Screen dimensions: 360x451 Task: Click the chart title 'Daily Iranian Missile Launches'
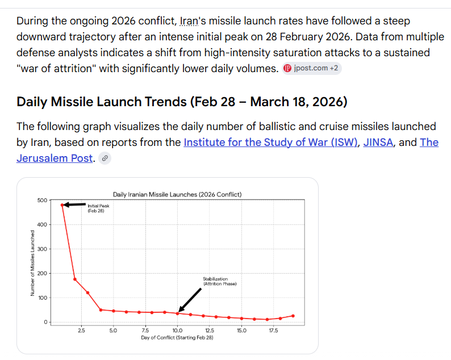pos(177,194)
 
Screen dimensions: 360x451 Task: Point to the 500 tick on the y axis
pos(43,200)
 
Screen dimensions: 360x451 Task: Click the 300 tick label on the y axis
pos(43,249)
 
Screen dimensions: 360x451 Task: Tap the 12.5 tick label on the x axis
pos(210,330)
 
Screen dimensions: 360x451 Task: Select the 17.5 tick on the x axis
pos(273,330)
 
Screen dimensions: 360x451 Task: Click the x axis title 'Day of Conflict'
pos(177,337)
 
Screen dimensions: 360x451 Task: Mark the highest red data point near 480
pos(62,205)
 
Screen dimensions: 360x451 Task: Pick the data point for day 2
pos(75,279)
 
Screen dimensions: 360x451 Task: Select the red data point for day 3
pos(87,292)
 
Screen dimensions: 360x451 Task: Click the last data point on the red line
pos(293,316)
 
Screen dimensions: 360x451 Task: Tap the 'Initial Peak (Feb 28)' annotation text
pos(97,208)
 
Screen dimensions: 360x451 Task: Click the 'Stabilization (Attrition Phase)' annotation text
pos(219,281)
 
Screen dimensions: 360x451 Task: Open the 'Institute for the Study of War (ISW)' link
pos(270,142)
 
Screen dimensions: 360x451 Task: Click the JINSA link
pos(378,142)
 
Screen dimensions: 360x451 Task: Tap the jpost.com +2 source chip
pos(312,69)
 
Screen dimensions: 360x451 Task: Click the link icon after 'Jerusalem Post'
pos(104,159)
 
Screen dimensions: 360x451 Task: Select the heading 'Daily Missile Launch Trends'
pos(182,102)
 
